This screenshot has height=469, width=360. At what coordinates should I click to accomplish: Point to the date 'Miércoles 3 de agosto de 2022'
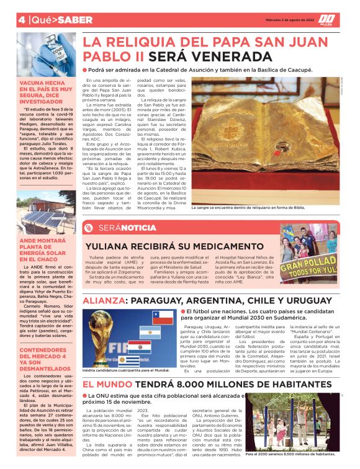276,19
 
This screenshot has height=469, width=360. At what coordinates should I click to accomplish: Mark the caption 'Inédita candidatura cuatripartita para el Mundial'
125,370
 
